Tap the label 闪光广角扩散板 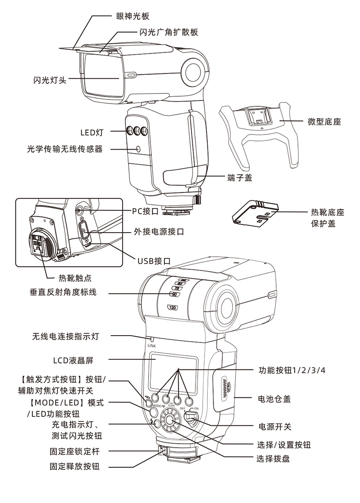[x=168, y=32]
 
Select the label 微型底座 [x=324, y=122]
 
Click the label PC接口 [x=145, y=211]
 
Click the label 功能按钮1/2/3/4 [x=292, y=369]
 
